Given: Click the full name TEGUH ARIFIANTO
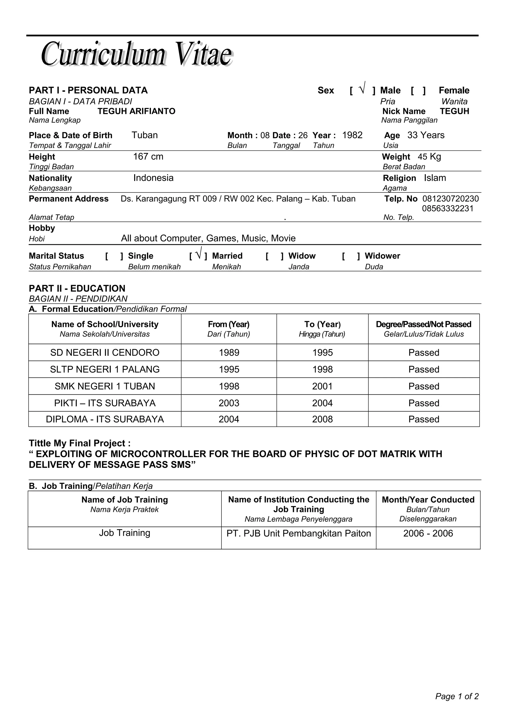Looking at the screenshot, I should [136, 111].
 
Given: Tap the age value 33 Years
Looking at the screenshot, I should [426, 135].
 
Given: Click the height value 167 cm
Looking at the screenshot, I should [148, 157].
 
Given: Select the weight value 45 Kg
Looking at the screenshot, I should [429, 157].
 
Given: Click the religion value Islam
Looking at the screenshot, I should [435, 178].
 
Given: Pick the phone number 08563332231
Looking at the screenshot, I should [448, 208].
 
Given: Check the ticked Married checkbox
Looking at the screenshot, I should [198, 254].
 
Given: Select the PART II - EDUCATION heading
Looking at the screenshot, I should [77, 288].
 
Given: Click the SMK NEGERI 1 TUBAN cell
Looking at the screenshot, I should [105, 386].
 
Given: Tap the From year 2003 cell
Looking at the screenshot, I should [229, 403].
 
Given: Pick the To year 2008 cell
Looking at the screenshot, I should [322, 419].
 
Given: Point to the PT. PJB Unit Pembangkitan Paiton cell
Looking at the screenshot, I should [298, 533].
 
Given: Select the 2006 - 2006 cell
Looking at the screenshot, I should [428, 533].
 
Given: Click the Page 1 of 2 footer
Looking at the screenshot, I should [456, 696].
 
